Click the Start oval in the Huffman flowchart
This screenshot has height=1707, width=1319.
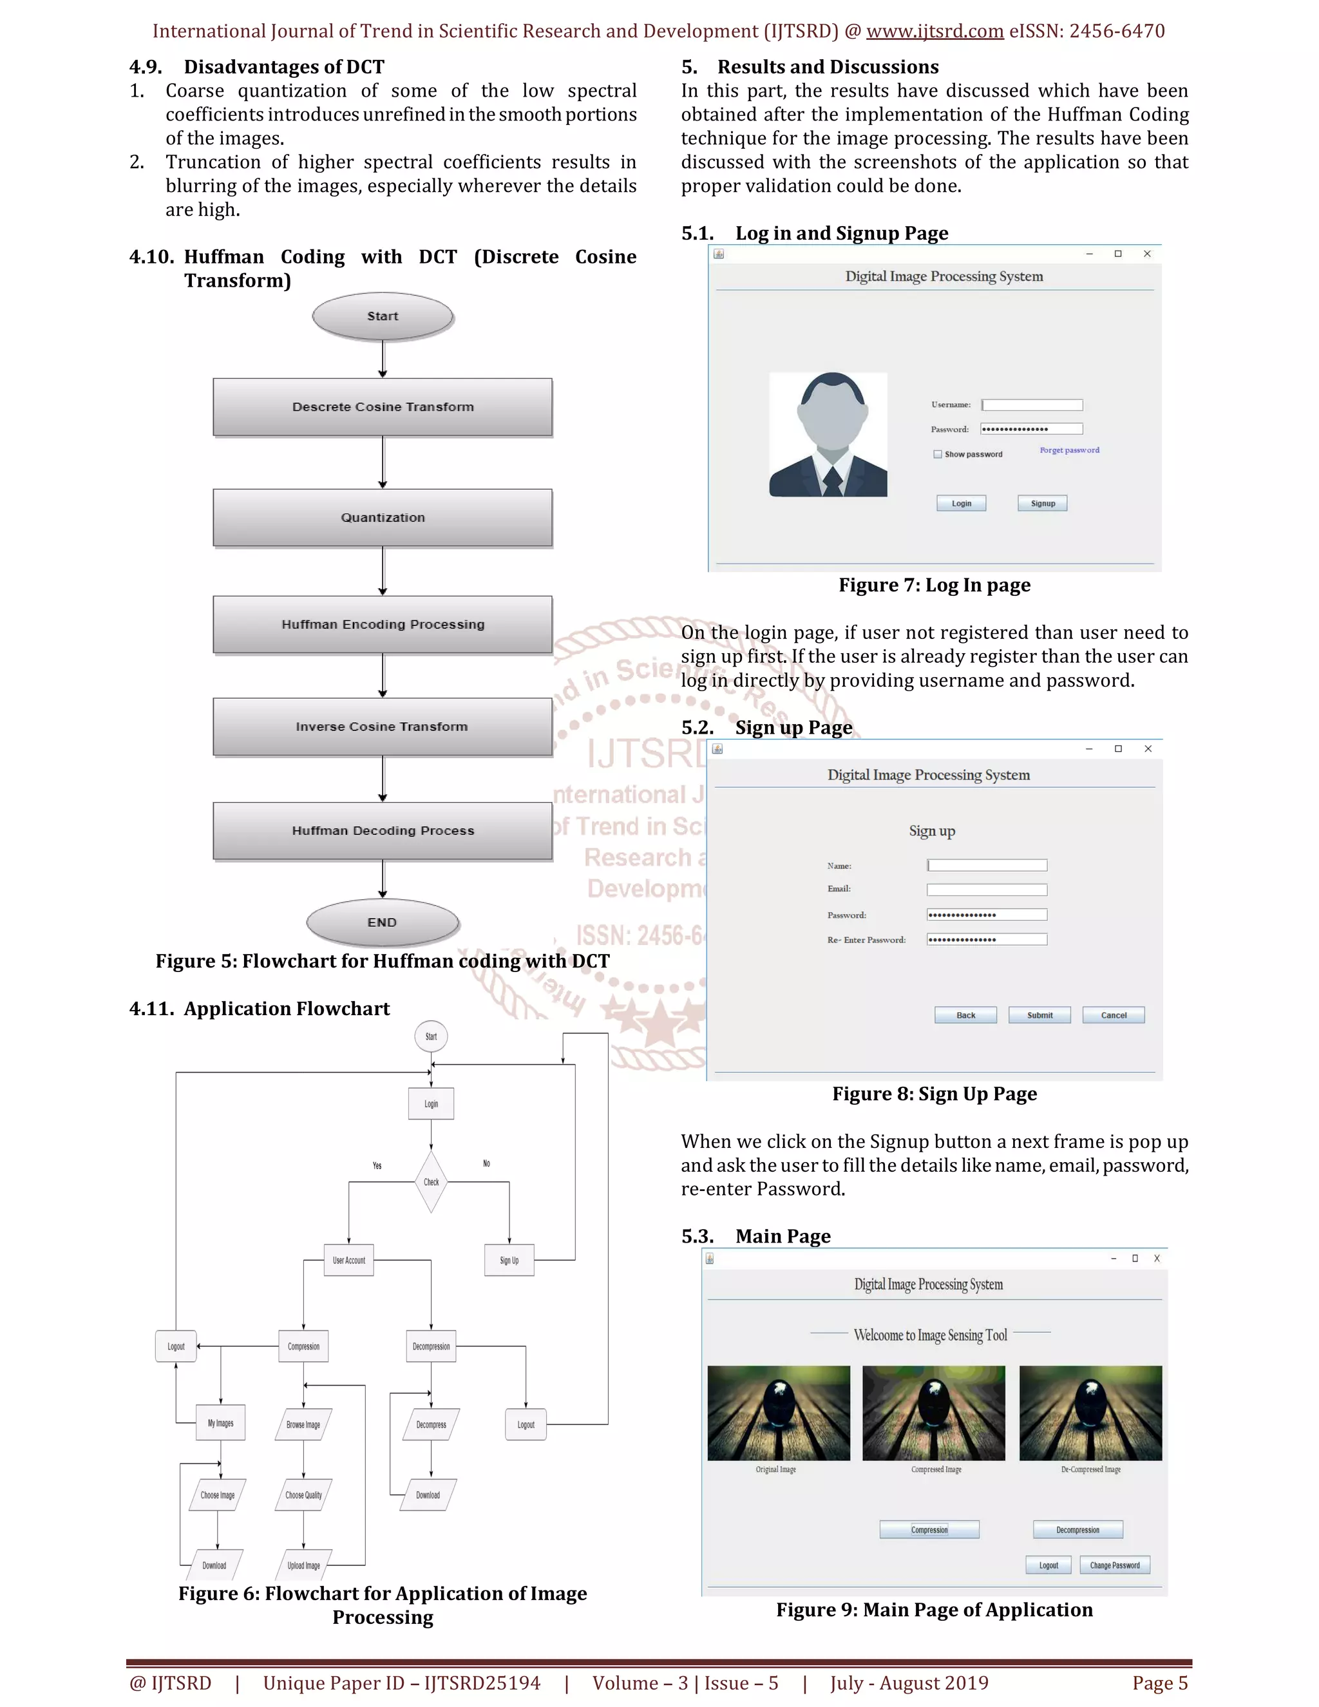tap(382, 316)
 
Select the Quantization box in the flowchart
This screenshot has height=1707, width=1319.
tap(382, 517)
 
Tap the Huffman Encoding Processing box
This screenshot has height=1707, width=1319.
tap(382, 624)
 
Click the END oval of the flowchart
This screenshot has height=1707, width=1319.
tap(382, 922)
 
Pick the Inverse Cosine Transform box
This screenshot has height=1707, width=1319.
tap(382, 727)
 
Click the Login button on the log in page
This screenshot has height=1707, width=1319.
tap(961, 503)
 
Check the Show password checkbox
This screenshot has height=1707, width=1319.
tap(938, 454)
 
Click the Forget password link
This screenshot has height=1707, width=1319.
tap(1069, 450)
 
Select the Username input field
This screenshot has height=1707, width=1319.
tap(1032, 405)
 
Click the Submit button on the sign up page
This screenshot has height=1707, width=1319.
tap(1039, 1015)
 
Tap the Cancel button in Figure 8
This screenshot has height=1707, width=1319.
tap(1114, 1015)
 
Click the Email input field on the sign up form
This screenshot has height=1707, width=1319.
tap(987, 890)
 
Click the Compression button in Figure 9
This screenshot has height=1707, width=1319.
tap(929, 1530)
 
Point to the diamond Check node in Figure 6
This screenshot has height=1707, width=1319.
tap(432, 1182)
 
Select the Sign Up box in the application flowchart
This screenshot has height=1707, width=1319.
tap(509, 1260)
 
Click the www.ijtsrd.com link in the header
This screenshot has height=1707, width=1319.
tap(935, 32)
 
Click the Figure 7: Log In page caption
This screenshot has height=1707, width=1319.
tap(935, 586)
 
